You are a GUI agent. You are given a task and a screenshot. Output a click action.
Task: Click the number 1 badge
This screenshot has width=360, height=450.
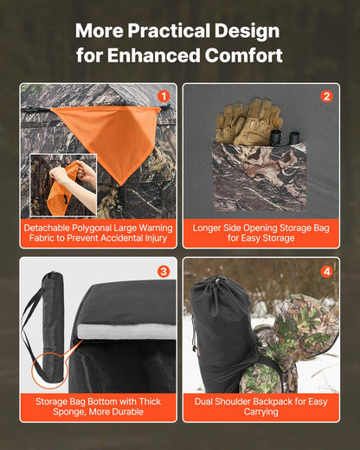[164, 96]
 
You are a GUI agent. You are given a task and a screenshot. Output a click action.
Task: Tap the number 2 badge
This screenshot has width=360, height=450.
[326, 96]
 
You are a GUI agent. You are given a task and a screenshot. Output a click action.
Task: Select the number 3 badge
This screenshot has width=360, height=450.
[164, 271]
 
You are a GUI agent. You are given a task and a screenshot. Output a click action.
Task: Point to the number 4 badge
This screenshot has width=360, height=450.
[326, 271]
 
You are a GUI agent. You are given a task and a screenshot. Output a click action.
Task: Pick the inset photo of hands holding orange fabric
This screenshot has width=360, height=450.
[63, 184]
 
